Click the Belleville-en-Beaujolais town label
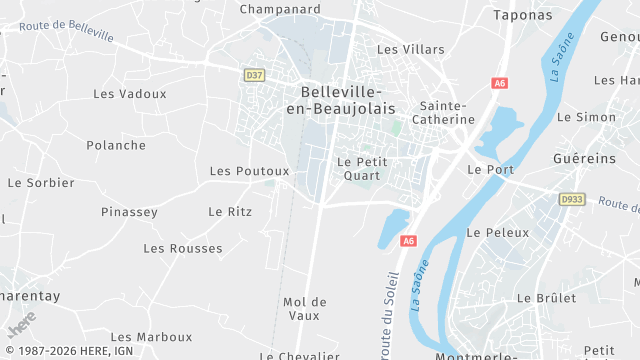341,99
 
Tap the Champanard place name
280,9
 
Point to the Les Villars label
410,48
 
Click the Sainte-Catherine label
447,112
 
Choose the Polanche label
116,145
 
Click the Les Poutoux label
249,171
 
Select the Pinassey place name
129,212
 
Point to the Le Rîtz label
230,212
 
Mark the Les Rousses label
196,248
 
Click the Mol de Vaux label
305,308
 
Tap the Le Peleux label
497,232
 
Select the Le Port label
490,170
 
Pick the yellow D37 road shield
253,75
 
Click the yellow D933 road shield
572,199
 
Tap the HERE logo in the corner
22,324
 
